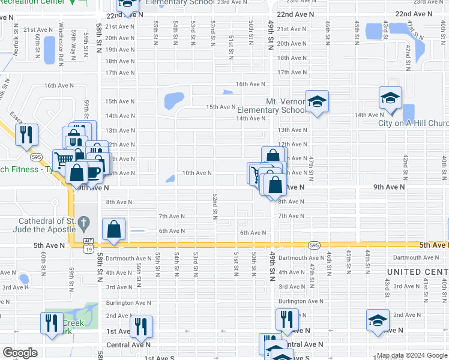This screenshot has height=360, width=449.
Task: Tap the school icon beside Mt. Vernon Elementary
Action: (317, 101)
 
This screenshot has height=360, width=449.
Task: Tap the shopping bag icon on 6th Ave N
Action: (113, 229)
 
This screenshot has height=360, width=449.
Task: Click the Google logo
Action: (20, 353)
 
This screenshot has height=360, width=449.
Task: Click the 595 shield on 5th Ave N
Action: (313, 245)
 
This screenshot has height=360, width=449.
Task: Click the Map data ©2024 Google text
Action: (412, 355)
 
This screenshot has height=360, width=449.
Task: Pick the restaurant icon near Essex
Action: (26, 135)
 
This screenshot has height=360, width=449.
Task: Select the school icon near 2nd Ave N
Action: (378, 320)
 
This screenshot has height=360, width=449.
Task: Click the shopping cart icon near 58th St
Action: (64, 160)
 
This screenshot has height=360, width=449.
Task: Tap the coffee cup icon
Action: (92, 172)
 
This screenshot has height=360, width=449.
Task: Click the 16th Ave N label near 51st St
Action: (250, 84)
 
